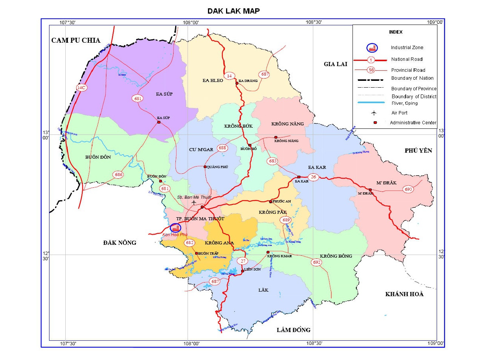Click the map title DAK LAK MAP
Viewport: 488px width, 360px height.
[233, 11]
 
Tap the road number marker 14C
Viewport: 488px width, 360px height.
[81, 88]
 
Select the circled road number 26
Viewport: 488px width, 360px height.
[313, 177]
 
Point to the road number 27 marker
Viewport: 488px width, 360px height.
[243, 261]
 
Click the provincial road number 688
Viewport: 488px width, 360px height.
[222, 148]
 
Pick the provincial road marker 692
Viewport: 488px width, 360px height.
[317, 262]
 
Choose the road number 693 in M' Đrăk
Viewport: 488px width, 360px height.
[408, 189]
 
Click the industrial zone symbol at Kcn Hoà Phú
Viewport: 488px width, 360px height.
[175, 228]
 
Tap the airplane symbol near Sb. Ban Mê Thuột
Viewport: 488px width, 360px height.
[194, 202]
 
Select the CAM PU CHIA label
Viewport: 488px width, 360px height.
[76, 40]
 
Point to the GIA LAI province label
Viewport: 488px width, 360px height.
[335, 64]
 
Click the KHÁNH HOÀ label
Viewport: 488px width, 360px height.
[404, 294]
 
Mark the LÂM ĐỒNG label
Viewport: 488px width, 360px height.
[293, 330]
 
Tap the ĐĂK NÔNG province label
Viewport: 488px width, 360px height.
[120, 243]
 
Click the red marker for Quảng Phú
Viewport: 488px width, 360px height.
[205, 167]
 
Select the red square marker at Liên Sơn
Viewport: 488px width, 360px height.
[242, 271]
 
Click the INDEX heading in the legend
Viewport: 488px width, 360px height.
[396, 32]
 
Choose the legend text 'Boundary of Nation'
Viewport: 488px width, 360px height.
[412, 78]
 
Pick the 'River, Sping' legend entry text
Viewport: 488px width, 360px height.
[405, 103]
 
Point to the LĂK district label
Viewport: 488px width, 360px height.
[263, 290]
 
